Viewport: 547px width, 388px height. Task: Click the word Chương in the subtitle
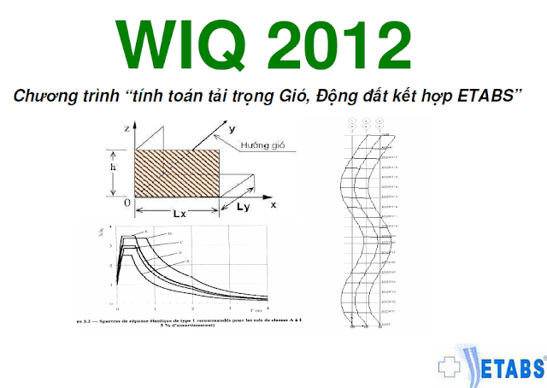pos(40,96)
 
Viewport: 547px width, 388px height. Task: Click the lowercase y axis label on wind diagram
pos(231,128)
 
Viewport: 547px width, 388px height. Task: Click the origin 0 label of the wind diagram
pos(126,203)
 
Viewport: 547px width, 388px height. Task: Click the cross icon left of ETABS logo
pos(449,367)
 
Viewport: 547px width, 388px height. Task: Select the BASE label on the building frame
pos(386,323)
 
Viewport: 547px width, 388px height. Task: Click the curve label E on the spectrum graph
pos(146,232)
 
